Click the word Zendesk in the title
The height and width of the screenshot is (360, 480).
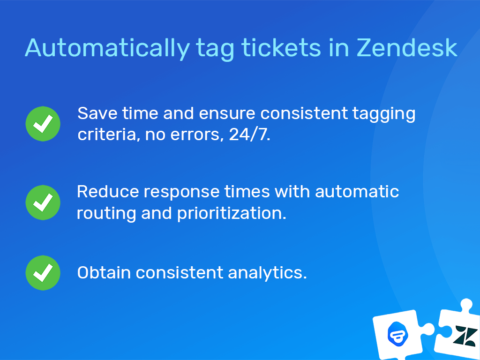point(407,47)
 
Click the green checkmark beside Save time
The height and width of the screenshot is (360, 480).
point(43,123)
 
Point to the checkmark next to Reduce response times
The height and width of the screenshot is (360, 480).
point(43,202)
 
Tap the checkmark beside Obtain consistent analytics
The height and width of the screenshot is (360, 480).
point(43,272)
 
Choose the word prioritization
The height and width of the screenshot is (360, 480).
point(231,214)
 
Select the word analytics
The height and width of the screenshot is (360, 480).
point(267,272)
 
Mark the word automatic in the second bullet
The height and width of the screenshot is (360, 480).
point(357,192)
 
